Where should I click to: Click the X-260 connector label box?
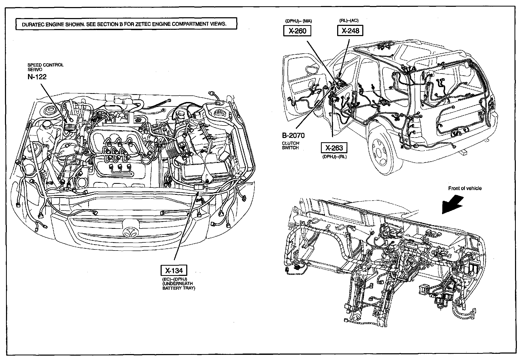point(297,31)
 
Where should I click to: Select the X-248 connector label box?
point(350,31)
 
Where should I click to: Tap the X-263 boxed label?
point(334,148)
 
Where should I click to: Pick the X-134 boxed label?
point(174,270)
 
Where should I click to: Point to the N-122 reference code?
point(37,77)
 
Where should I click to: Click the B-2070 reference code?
point(293,135)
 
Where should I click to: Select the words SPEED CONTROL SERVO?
point(45,67)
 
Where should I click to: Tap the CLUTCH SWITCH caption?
point(290,145)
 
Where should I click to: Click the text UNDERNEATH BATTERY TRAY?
point(179,286)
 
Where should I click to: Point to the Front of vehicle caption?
point(465,188)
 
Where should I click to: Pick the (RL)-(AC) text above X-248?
point(349,21)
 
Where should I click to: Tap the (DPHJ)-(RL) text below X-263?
point(334,157)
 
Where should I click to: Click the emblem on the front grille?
point(130,232)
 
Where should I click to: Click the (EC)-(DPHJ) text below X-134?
point(174,279)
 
